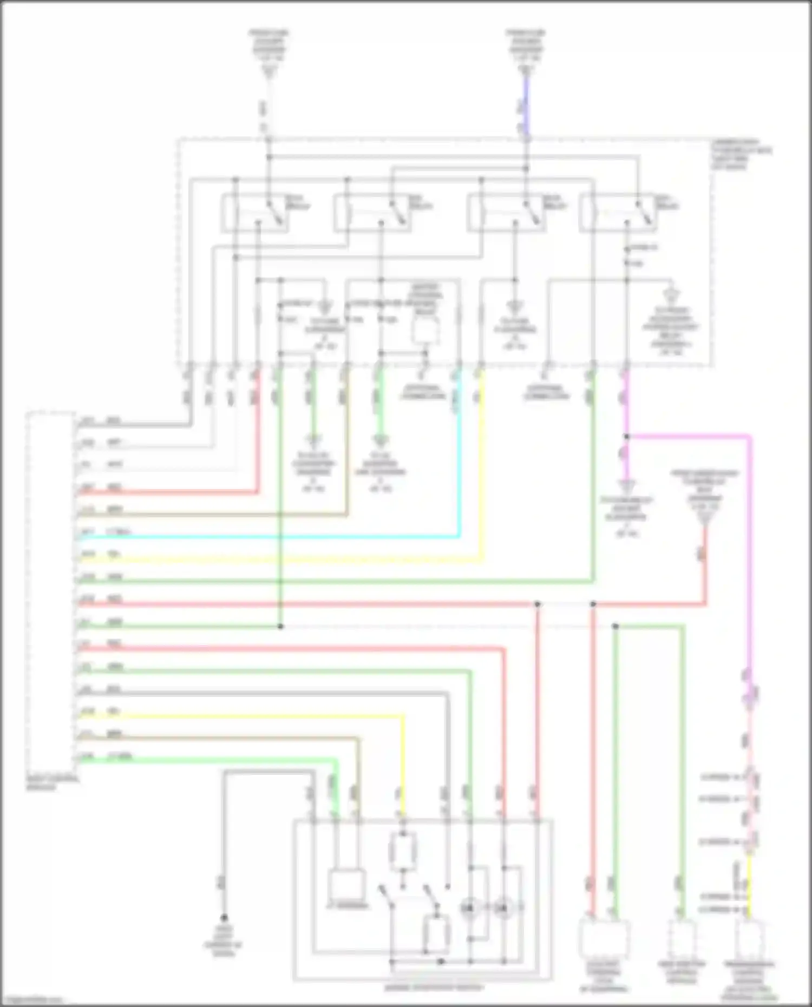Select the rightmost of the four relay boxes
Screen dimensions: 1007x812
coord(617,214)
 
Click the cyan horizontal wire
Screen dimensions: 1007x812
coord(271,537)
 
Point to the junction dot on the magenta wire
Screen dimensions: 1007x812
coord(626,436)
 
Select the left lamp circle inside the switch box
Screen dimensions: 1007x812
coord(469,907)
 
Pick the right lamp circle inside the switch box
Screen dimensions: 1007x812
coord(504,907)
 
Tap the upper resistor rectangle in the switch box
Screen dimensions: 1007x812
coord(403,852)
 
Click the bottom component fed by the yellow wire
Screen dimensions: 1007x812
coord(750,940)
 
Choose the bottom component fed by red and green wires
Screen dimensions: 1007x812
coord(604,938)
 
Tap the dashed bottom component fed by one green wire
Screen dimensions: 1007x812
coord(682,938)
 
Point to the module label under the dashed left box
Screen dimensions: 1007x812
coord(52,783)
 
